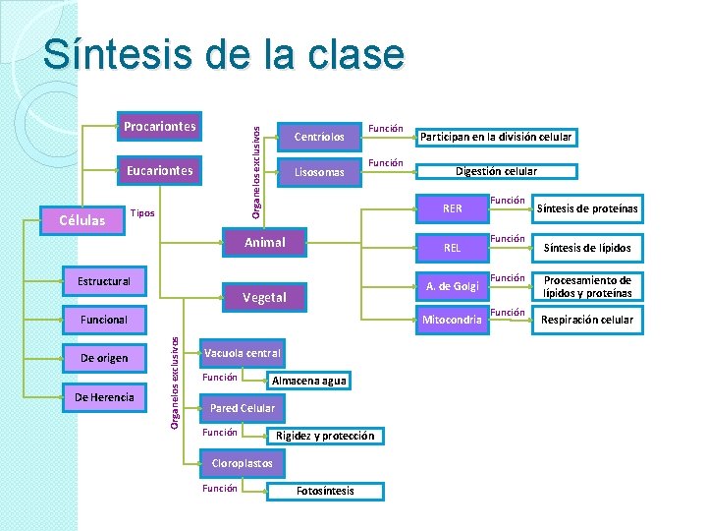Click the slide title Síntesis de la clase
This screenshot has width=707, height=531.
point(223,54)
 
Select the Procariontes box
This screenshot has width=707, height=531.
point(159,126)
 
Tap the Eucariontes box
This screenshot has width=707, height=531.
point(159,171)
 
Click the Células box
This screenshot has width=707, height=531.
point(82,220)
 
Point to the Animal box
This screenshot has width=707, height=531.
point(265,242)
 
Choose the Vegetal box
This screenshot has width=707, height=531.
point(265,297)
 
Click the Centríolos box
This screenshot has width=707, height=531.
point(319,137)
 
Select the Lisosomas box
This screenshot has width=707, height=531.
point(319,173)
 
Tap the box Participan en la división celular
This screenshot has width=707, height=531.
point(496,137)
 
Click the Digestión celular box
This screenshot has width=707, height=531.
point(496,171)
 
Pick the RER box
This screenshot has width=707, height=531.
point(452,208)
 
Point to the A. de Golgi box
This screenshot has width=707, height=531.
point(452,286)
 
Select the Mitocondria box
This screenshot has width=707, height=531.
point(452,320)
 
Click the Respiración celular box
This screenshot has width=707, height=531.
point(588,320)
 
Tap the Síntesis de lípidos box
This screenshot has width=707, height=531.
point(588,248)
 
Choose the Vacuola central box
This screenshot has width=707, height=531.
point(242,353)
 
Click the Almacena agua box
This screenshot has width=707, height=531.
point(309,381)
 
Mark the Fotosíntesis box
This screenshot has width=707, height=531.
point(325,491)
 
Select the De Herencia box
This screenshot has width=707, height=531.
point(104,397)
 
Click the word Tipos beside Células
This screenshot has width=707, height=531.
point(142,213)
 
